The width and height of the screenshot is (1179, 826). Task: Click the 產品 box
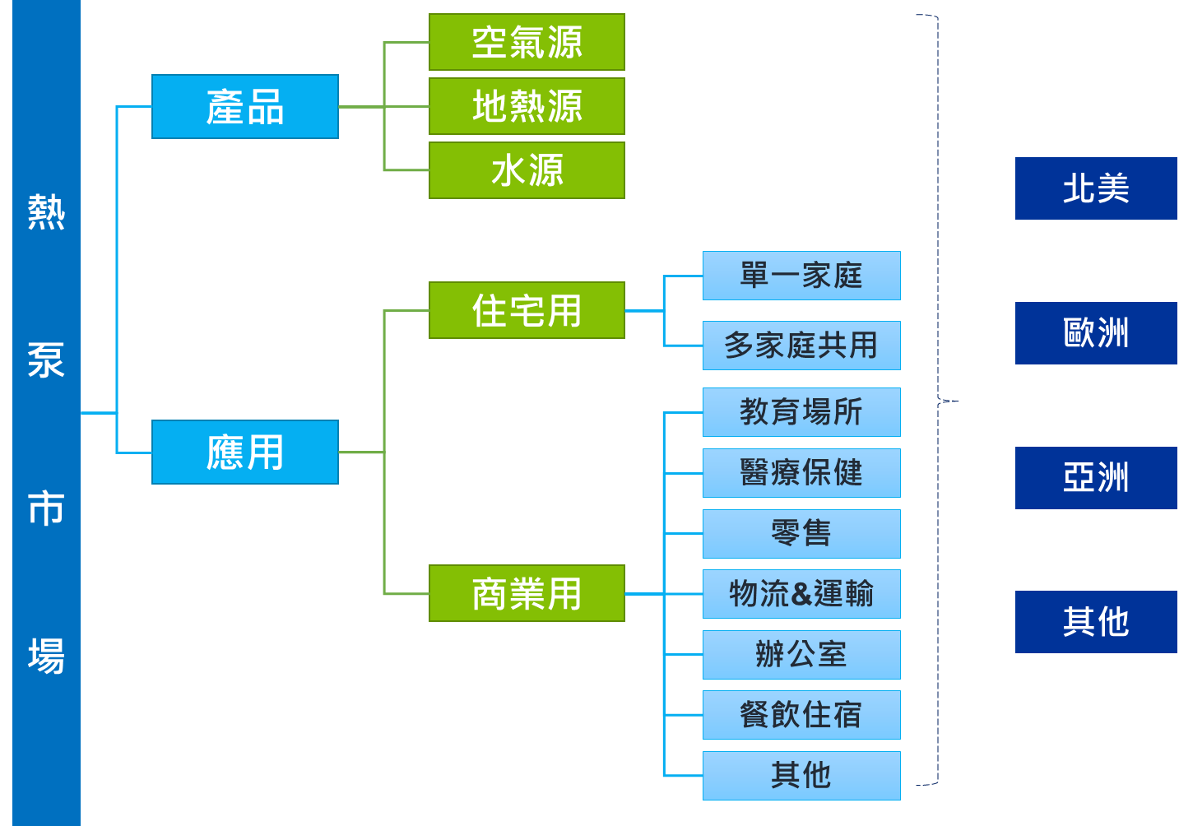(245, 107)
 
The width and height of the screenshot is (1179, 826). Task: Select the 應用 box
(245, 452)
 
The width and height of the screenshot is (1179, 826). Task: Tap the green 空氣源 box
(527, 42)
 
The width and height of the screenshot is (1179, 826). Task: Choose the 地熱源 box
(527, 106)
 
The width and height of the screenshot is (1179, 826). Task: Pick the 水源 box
(527, 170)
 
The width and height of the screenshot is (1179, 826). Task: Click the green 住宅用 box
(527, 310)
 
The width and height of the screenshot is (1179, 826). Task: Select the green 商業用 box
(527, 593)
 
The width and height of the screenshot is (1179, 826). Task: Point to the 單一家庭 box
(801, 276)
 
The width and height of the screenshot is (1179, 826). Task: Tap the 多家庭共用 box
(801, 346)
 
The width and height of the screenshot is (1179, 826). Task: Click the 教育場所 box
(801, 412)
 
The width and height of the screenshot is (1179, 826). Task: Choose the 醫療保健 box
(801, 473)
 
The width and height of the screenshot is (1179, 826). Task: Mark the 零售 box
(801, 534)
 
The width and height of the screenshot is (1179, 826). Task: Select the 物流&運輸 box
(801, 594)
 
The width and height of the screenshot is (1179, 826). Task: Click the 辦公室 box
(801, 655)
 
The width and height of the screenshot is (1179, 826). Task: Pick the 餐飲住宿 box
(801, 715)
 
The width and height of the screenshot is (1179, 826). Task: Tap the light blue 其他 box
(801, 776)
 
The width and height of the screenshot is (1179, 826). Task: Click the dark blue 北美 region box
(1096, 188)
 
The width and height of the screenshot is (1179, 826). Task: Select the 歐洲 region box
(1096, 333)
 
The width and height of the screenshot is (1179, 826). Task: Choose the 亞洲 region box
(1096, 478)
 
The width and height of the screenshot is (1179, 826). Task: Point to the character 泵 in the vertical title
(46, 360)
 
